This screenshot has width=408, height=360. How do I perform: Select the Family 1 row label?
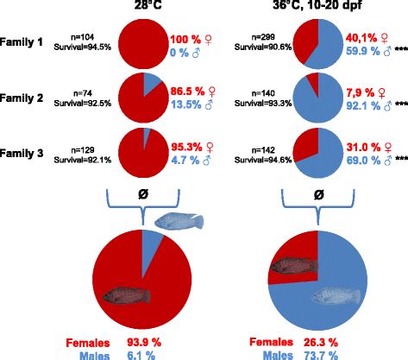point(30,40)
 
